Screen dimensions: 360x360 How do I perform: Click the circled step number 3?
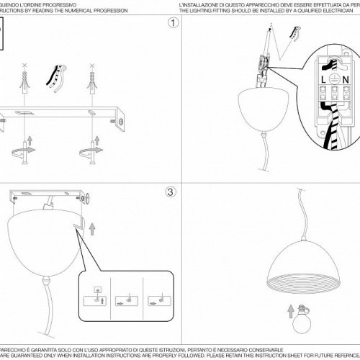pyautogui.click(x=170, y=192)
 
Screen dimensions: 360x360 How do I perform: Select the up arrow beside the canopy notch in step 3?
pyautogui.click(x=91, y=228)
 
